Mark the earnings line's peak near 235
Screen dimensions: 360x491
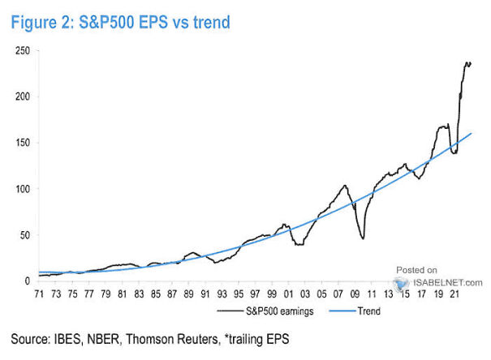click(x=466, y=62)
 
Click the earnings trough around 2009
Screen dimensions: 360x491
click(x=362, y=238)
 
